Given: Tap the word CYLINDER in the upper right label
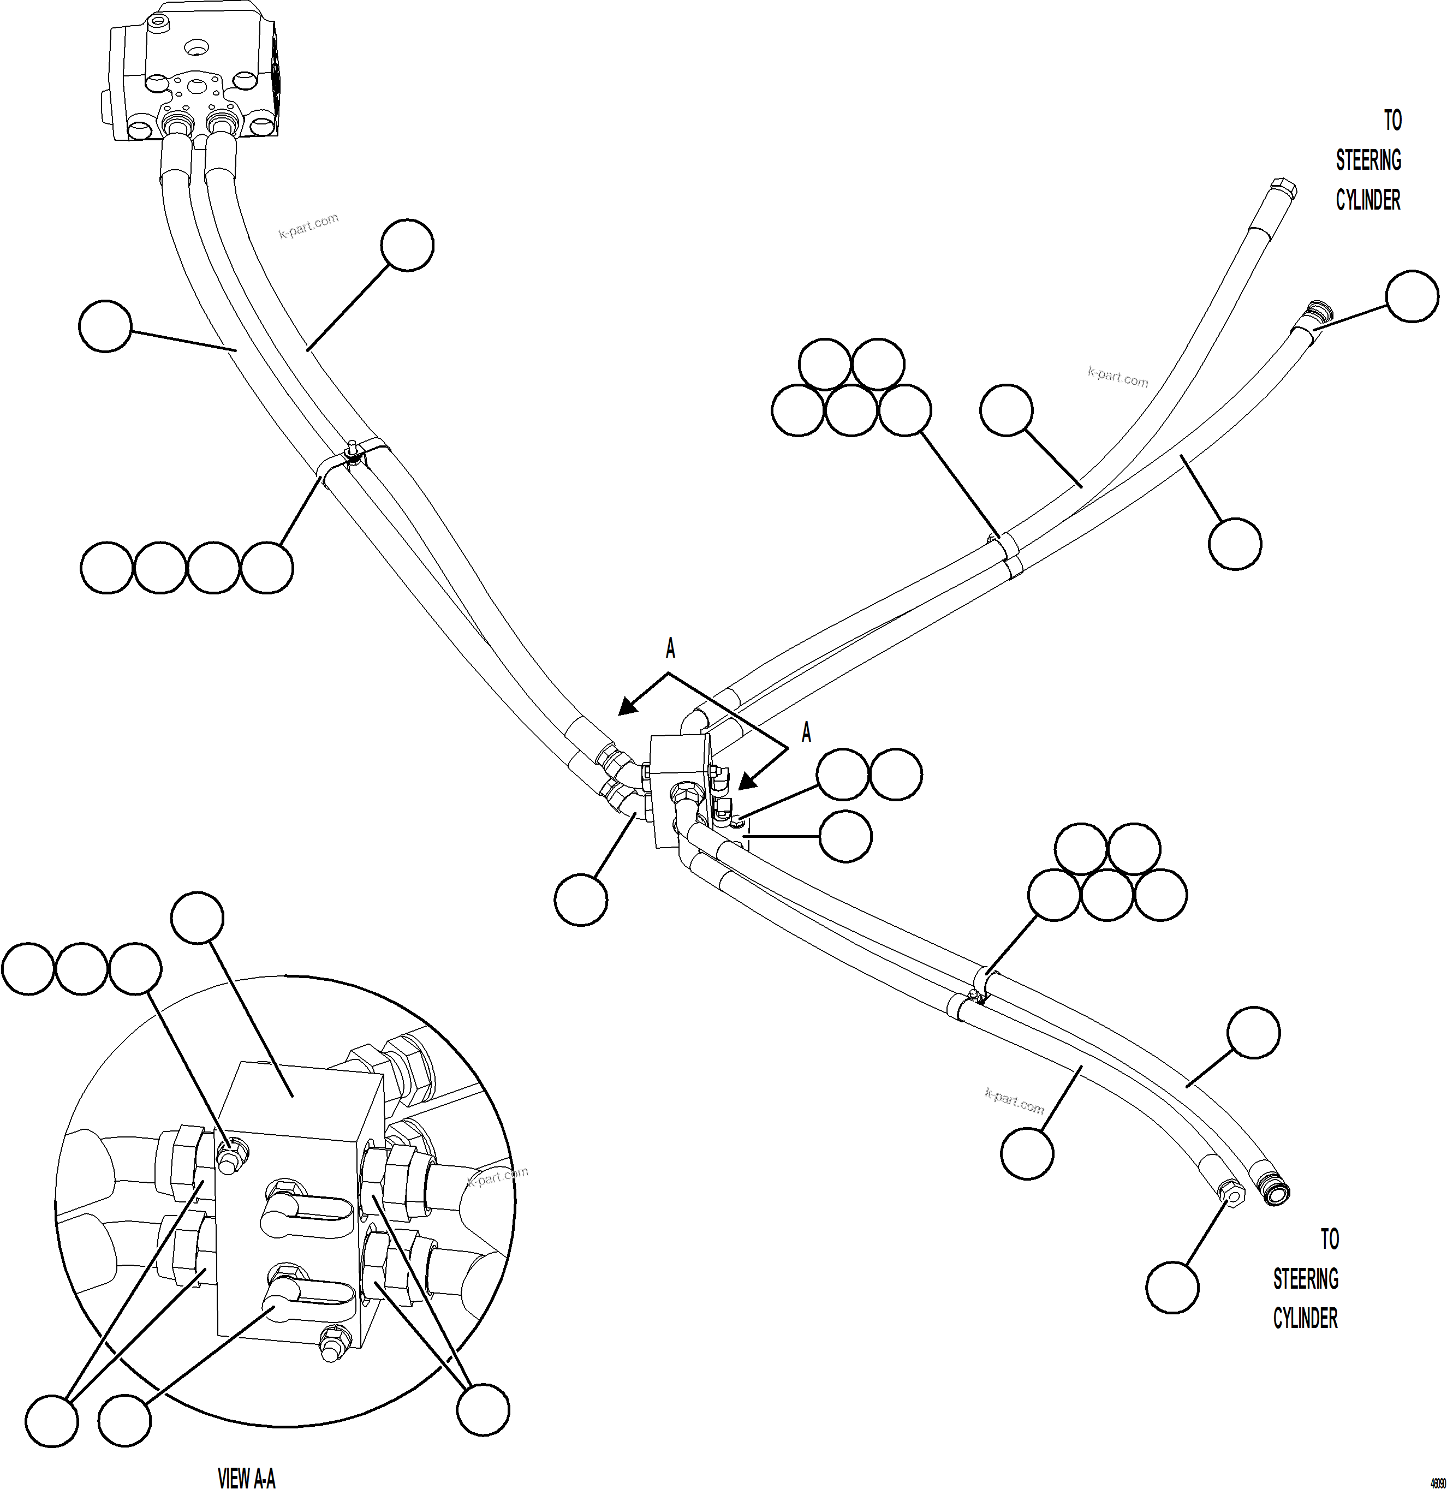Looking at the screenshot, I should pos(1368,201).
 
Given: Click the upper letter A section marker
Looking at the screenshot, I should pos(670,649).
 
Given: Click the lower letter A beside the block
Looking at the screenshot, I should pos(806,734).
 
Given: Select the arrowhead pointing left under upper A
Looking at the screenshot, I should pos(627,707).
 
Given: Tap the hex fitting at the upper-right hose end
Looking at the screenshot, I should pos(1283,188).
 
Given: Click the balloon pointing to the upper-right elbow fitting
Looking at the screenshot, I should pos(1412,296).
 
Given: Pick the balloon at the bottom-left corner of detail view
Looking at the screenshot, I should pos(52,1420).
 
